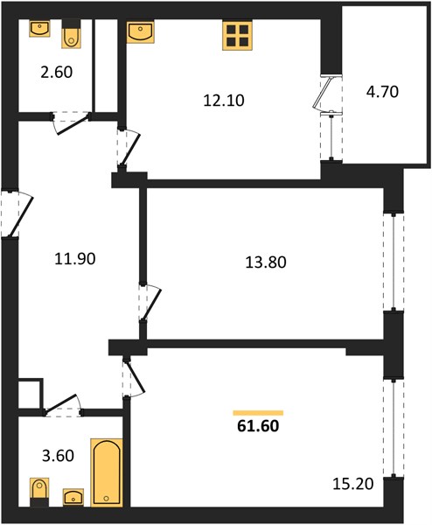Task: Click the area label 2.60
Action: pyautogui.click(x=57, y=73)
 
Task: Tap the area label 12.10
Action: pyautogui.click(x=224, y=101)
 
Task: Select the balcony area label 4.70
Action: pyautogui.click(x=382, y=92)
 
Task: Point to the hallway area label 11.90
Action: pyautogui.click(x=75, y=259)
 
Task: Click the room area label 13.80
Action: pyautogui.click(x=266, y=262)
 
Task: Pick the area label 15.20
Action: pyautogui.click(x=353, y=484)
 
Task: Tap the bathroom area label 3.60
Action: pyautogui.click(x=58, y=456)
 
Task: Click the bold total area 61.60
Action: pyautogui.click(x=258, y=426)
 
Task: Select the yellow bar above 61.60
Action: pyautogui.click(x=258, y=413)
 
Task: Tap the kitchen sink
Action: pyautogui.click(x=141, y=31)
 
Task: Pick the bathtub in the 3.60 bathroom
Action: pyautogui.click(x=107, y=477)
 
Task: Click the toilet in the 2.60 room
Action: pyautogui.click(x=72, y=34)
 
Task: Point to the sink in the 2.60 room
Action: pyautogui.click(x=39, y=29)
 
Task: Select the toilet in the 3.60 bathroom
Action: pyautogui.click(x=40, y=492)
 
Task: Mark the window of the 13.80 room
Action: pyautogui.click(x=394, y=262)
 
